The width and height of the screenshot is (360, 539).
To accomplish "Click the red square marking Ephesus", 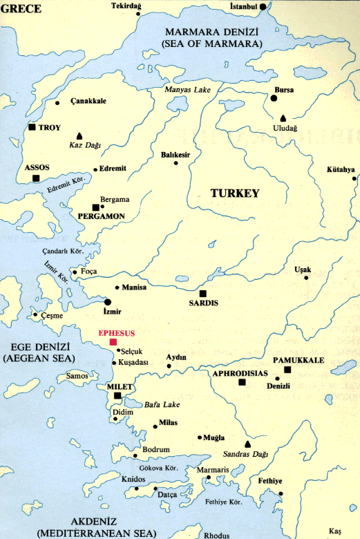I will (x=113, y=342).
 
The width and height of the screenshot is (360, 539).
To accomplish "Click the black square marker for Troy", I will (x=32, y=127).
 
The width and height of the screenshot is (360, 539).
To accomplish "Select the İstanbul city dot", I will (x=263, y=6).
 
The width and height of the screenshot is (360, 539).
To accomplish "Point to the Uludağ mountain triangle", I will (x=284, y=118).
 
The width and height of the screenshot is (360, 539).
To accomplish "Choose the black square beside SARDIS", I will (x=202, y=293).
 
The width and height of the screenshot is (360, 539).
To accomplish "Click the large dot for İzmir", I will (x=108, y=302).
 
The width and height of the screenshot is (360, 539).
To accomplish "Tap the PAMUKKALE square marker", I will (x=287, y=370).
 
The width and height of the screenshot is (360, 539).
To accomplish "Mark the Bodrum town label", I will (x=155, y=450).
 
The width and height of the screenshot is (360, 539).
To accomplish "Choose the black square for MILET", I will (x=117, y=396).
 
